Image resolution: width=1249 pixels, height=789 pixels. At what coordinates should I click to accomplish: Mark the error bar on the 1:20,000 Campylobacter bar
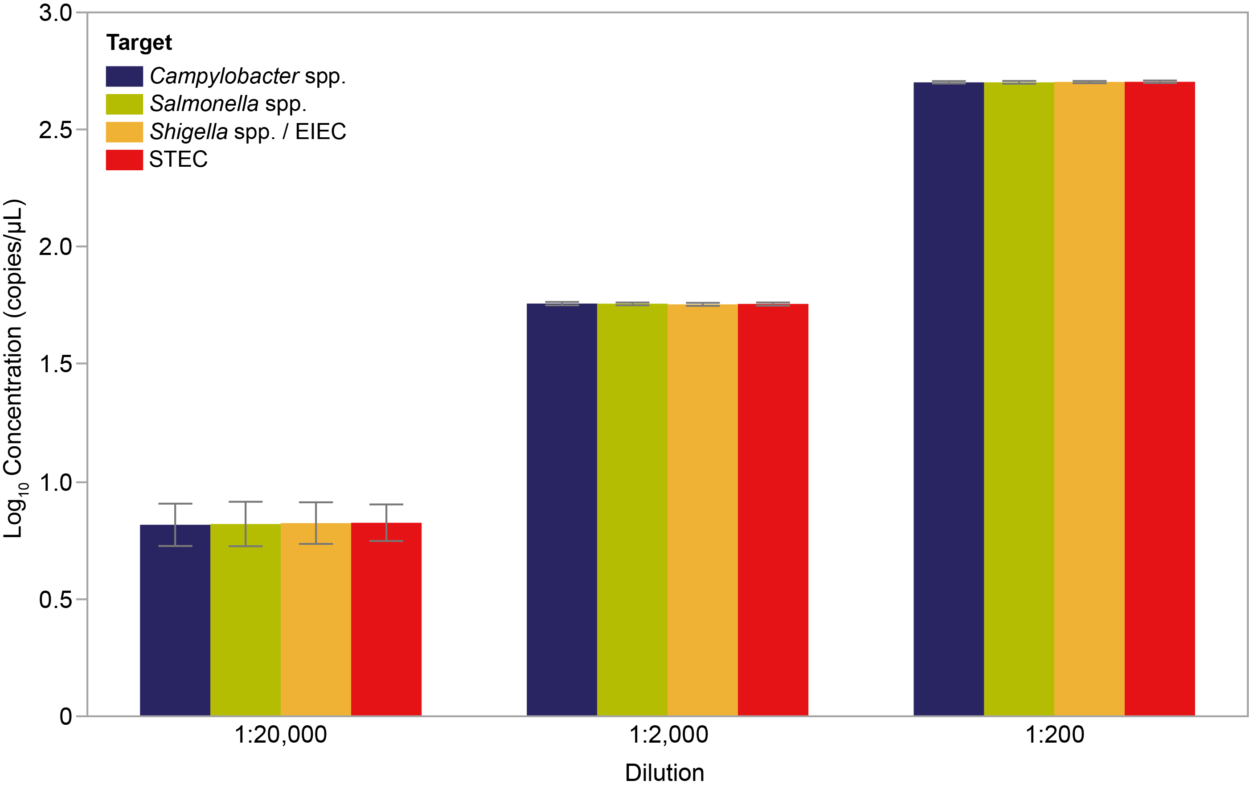tap(175, 525)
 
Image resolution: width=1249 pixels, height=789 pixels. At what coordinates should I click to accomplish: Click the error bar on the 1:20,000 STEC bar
tap(386, 522)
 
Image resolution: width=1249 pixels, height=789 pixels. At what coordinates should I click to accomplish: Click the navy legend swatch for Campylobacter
tap(124, 76)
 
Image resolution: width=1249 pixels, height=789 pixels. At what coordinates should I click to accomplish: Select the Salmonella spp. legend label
tap(228, 104)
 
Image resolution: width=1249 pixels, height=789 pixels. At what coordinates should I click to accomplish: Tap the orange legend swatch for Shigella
tap(124, 132)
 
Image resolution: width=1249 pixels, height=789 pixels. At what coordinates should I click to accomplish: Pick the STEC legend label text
tap(178, 159)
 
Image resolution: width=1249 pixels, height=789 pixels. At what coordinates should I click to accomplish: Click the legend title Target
tap(139, 42)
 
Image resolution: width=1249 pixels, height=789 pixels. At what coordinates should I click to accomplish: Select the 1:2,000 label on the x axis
tap(668, 735)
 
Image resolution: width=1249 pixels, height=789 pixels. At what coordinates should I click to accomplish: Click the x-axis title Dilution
tap(664, 773)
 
